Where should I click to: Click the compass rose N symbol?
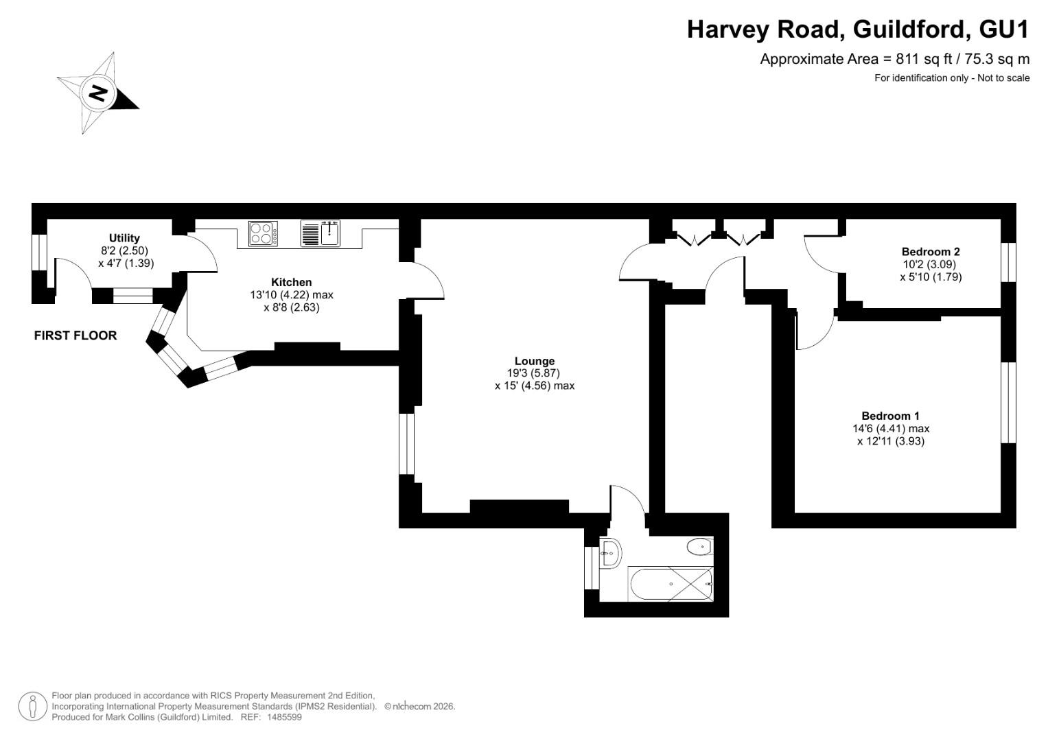tap(97, 93)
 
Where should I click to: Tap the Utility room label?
tap(124, 238)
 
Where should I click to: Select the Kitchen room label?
tap(292, 282)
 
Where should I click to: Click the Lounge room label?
tap(535, 361)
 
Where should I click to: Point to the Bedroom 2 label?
tap(931, 252)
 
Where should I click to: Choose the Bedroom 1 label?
tap(891, 416)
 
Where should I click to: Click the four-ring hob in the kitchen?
tap(263, 233)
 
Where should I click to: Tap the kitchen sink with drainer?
tap(321, 233)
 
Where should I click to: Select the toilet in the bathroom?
tap(700, 546)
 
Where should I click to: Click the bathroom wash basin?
tap(611, 554)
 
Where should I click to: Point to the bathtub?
tap(671, 585)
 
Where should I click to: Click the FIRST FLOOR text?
tap(75, 336)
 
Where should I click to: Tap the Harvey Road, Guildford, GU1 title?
tap(858, 30)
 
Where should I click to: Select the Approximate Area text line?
tap(894, 60)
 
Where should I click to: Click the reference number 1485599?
tap(284, 717)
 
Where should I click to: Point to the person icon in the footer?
tap(33, 707)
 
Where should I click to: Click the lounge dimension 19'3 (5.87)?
tap(533, 373)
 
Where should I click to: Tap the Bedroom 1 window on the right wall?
tap(1008, 402)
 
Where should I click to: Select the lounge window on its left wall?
tap(407, 444)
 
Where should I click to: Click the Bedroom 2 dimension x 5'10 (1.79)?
tap(931, 277)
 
